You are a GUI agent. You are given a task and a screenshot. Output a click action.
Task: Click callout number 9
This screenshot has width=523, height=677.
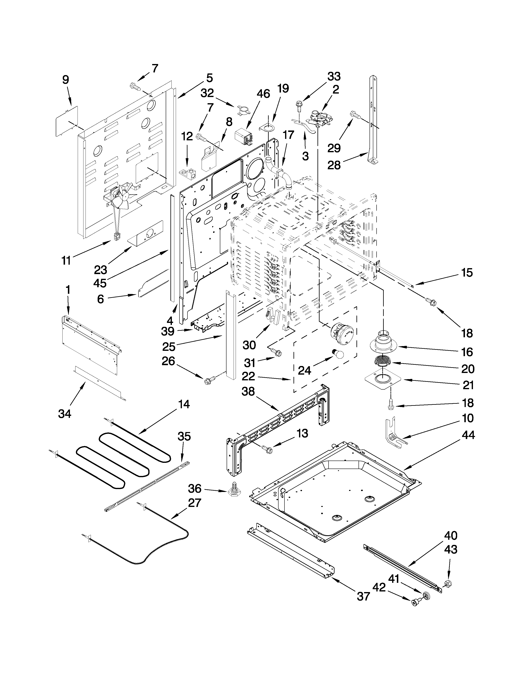point(65,80)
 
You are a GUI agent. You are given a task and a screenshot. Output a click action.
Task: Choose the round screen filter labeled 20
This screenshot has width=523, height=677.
point(383,361)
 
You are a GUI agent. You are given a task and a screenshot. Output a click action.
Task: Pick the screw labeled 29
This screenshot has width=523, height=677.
point(355,115)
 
